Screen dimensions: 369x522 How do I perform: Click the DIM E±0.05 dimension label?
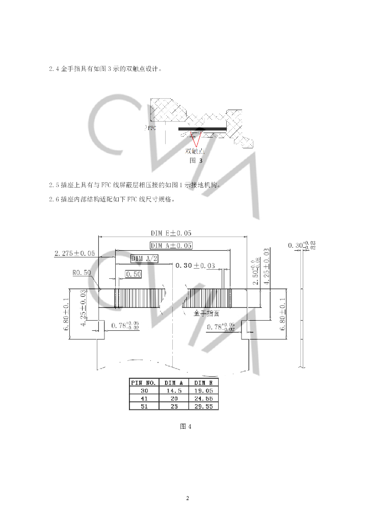(171, 233)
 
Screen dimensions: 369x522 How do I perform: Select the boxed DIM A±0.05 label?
(171, 245)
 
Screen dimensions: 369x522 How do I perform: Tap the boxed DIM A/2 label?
(145, 258)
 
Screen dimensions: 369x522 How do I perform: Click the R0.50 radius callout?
(82, 273)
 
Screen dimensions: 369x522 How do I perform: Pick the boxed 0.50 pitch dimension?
(134, 274)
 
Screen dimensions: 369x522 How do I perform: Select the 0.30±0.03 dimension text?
(195, 266)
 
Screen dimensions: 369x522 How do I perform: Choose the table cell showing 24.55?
(203, 398)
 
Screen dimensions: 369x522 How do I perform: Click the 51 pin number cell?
(143, 406)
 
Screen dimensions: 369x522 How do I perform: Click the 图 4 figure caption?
(186, 427)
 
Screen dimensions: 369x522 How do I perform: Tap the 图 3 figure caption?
(196, 160)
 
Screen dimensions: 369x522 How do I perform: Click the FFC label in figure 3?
(151, 128)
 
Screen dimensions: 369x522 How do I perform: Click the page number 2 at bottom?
(188, 498)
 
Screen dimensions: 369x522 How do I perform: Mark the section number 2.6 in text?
(53, 200)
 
